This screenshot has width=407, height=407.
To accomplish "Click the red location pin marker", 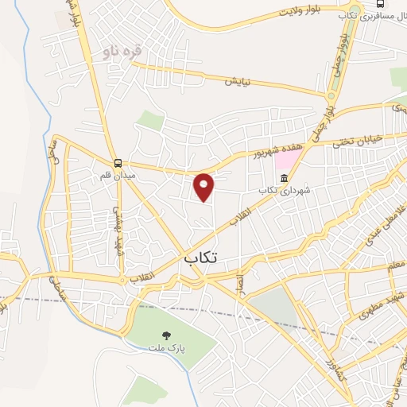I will pos(204,187).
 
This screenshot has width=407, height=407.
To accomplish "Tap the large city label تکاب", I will pos(203,257).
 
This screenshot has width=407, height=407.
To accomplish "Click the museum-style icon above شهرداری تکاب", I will pos(284,177).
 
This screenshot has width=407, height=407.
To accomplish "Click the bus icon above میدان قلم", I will pos(118,161).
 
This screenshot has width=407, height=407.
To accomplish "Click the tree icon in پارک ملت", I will pos(167,335).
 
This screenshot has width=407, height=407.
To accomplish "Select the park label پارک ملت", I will pos(176,349).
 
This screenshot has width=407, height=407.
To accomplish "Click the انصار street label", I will pos(238,281).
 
